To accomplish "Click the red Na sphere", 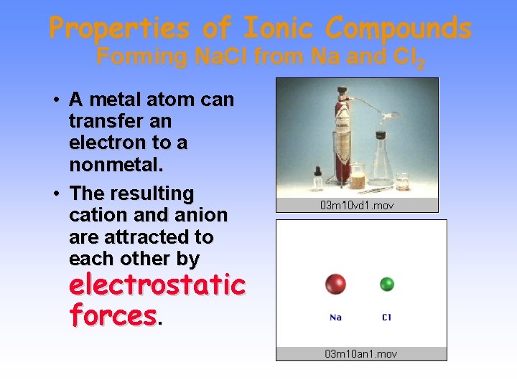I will coord(335,284).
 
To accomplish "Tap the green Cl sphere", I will coord(387,284).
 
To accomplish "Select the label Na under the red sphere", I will coord(335,317).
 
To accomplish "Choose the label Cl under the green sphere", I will coord(387,317).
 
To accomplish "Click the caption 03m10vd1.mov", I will coord(357,206).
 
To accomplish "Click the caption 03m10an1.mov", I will coord(361,353).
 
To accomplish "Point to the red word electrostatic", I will coord(157,285).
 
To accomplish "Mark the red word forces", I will coord(113,314).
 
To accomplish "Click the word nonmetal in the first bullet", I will coord(116,165).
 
